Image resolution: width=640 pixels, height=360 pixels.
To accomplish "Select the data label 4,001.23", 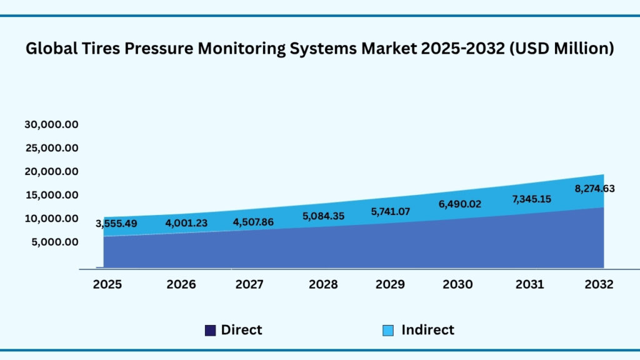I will pos(186,222).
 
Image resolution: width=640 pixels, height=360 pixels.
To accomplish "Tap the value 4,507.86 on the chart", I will pos(253,221).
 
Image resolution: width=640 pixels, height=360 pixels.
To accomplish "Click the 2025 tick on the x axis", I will pos(107,284).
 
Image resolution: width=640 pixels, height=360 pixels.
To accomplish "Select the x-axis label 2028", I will pos(323,284).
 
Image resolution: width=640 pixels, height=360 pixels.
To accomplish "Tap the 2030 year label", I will pos(457,284).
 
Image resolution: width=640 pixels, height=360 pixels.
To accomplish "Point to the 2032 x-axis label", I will pos(599,284).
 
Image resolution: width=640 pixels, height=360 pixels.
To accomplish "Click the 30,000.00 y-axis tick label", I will pos(51,124).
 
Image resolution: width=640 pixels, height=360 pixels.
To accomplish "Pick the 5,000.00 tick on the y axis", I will pos(55,242).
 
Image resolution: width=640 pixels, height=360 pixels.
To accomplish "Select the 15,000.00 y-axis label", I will pos(51,195).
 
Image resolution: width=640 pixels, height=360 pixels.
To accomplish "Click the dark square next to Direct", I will pos(211,331).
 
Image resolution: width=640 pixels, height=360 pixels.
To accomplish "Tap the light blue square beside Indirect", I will pos(389,331).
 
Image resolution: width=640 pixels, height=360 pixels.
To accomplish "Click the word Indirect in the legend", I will pos(427,330).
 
